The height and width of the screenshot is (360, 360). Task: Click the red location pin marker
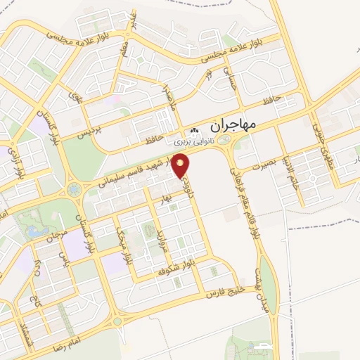pos(183,165)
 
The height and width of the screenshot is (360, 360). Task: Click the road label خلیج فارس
pos(224,292)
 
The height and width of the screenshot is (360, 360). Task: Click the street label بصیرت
pos(259,163)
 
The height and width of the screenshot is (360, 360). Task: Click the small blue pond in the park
pos(32,231)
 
